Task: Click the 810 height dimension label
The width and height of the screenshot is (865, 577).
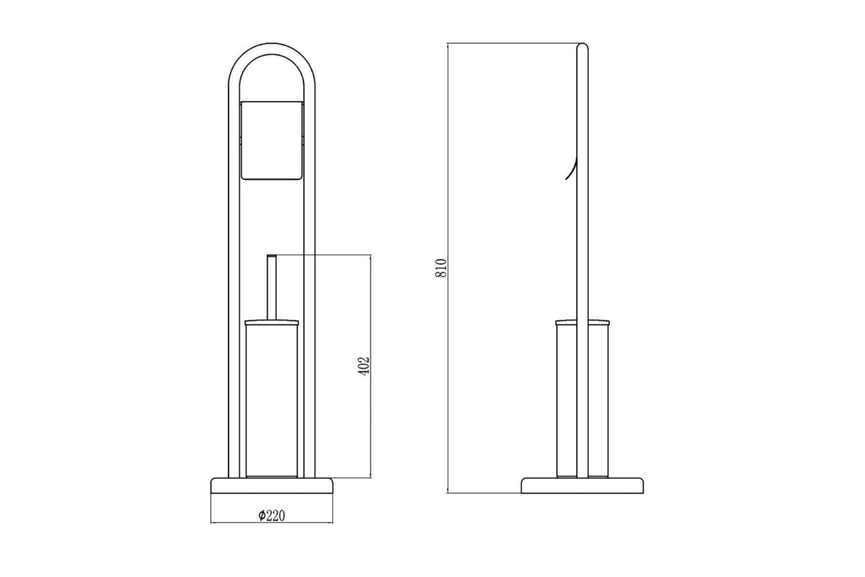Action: tap(441, 268)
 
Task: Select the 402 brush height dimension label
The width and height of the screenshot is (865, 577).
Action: tap(364, 366)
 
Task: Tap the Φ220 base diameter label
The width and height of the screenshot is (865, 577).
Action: tap(272, 515)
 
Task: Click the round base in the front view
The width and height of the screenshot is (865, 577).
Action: tap(272, 486)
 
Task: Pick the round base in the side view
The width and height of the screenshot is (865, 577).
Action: tap(582, 486)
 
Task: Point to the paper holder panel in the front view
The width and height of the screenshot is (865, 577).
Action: tap(272, 141)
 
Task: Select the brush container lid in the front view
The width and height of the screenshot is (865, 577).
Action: tap(272, 322)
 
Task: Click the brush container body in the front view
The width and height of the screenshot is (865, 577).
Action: tap(272, 400)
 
